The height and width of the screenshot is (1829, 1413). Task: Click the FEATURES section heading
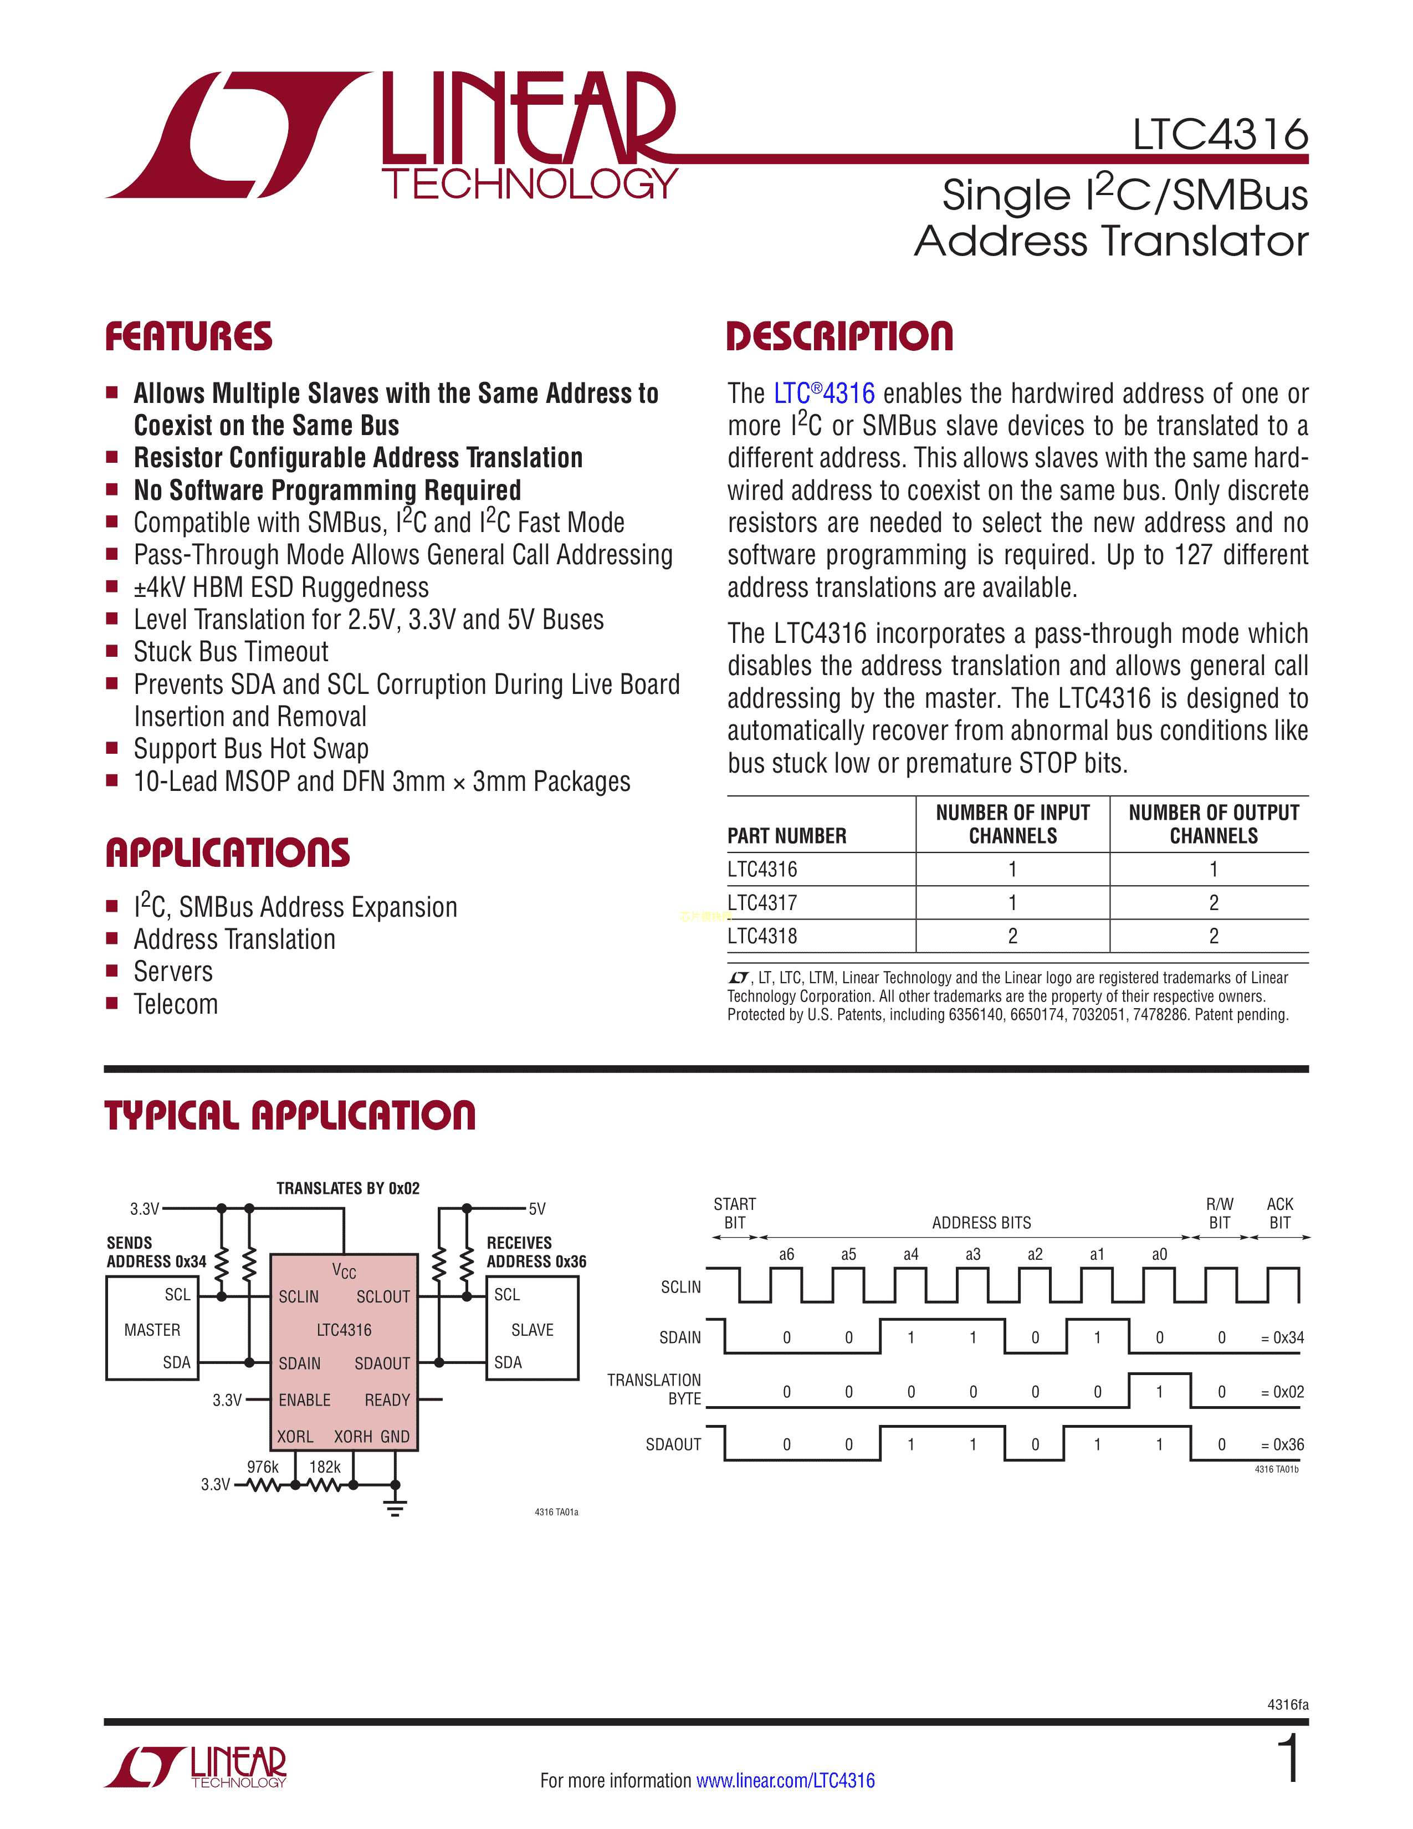tap(188, 336)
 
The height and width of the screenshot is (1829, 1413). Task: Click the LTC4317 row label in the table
tap(762, 903)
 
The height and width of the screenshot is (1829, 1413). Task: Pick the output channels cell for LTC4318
tap(1213, 936)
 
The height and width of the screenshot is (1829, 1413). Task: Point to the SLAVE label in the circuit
tap(533, 1330)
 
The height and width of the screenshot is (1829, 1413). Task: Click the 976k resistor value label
tap(263, 1467)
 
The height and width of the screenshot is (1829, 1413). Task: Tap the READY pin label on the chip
tap(387, 1400)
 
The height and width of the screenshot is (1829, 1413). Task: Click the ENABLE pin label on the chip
tap(305, 1400)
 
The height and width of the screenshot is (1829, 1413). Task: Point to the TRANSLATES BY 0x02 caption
tap(347, 1188)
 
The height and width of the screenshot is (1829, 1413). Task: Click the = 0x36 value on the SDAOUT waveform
tap(1282, 1444)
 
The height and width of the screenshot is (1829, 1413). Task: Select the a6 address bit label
tap(786, 1254)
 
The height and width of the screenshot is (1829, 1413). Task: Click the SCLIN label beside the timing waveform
tap(680, 1287)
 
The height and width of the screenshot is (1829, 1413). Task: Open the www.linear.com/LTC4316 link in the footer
tap(785, 1780)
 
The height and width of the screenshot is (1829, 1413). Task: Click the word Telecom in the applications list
tap(176, 1004)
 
